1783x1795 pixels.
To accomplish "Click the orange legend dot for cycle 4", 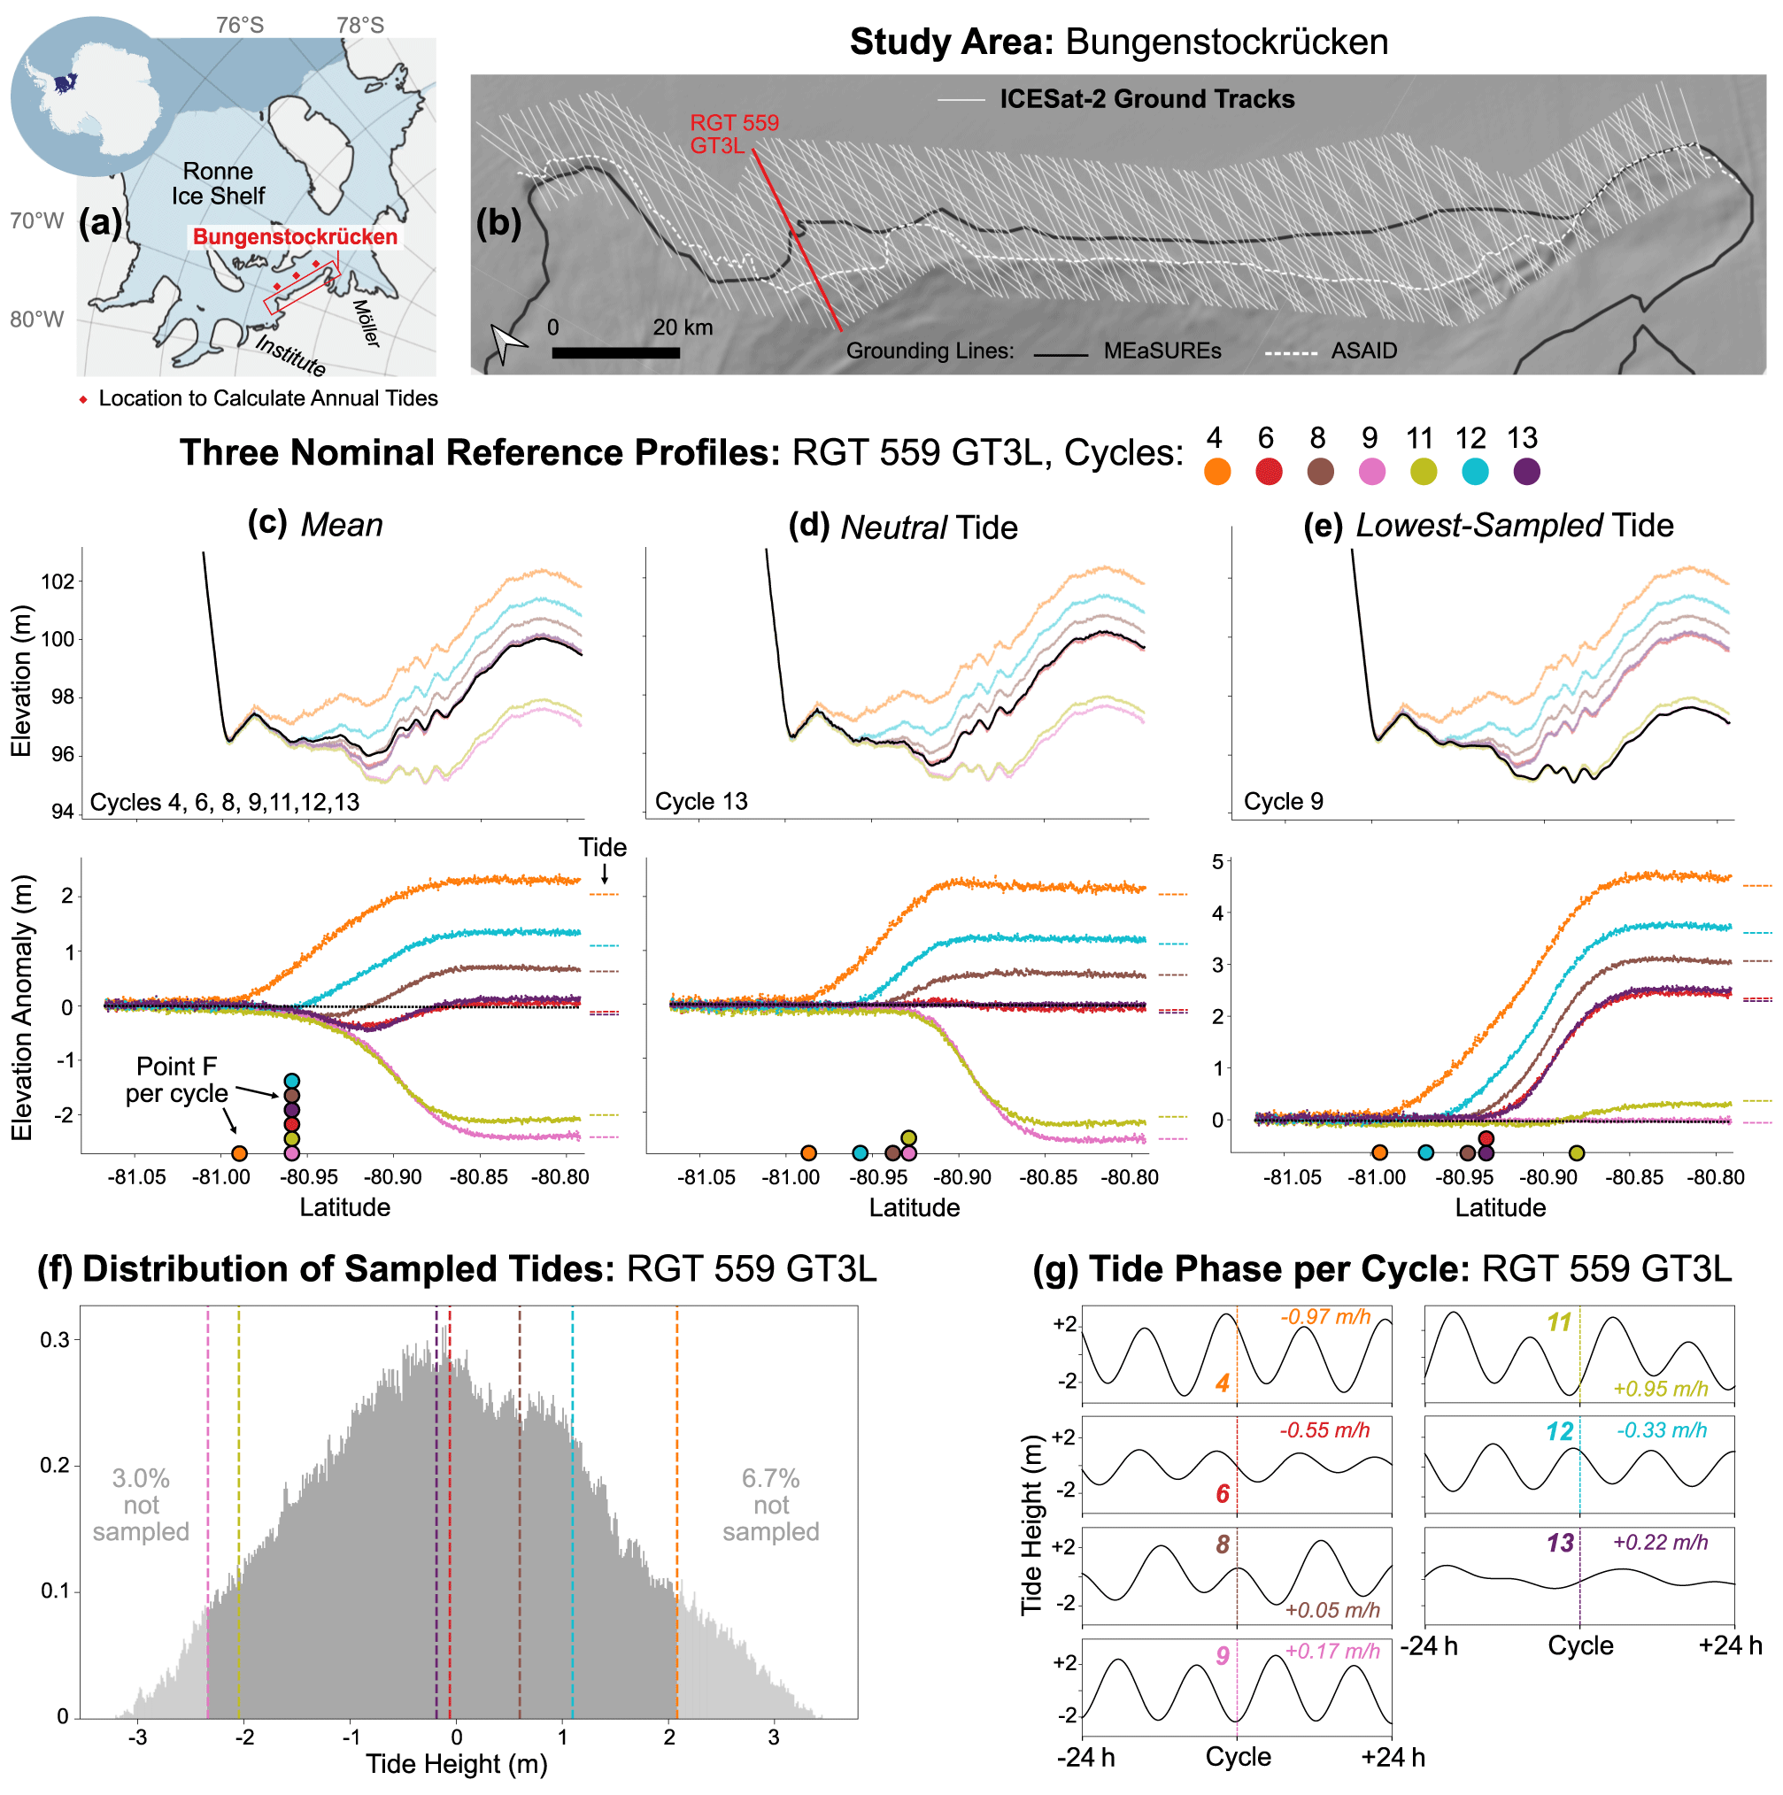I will pos(1217,472).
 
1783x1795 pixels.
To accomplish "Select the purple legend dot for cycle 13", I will pos(1526,472).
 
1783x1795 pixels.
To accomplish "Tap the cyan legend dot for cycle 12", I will pos(1475,472).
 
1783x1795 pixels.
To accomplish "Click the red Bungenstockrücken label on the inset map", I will pos(295,237).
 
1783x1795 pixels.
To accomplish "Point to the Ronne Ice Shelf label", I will pos(218,184).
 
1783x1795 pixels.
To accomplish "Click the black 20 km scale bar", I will pos(615,353).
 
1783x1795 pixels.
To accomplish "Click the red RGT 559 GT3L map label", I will pos(733,134).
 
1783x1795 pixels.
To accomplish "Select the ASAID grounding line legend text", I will pos(1364,351).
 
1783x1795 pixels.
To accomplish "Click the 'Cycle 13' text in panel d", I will pos(700,802).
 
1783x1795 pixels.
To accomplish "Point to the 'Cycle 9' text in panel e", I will pos(1283,802).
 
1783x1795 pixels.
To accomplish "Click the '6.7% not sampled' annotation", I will pos(770,1505).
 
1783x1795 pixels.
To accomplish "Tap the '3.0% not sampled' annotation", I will pos(142,1505).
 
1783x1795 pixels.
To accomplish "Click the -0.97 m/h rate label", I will pos(1325,1317).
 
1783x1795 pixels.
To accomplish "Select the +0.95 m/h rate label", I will pos(1660,1390).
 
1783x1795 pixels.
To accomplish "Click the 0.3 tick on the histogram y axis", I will pos(55,1341).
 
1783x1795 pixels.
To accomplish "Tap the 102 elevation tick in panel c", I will pos(58,582).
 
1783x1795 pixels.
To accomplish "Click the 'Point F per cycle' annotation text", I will pos(176,1081).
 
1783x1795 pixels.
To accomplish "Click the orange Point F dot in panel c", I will pos(240,1154).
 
